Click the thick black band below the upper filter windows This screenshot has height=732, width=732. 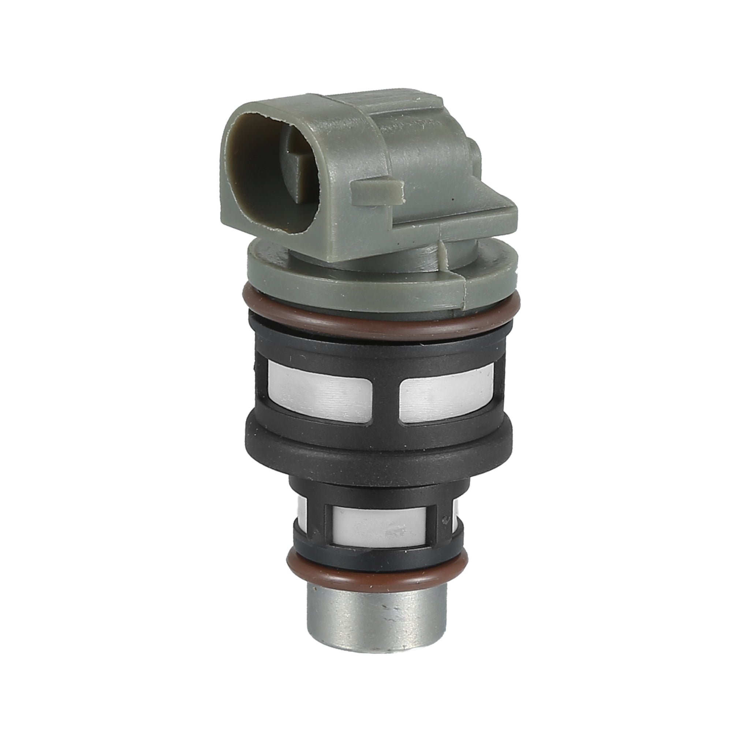click(x=379, y=447)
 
